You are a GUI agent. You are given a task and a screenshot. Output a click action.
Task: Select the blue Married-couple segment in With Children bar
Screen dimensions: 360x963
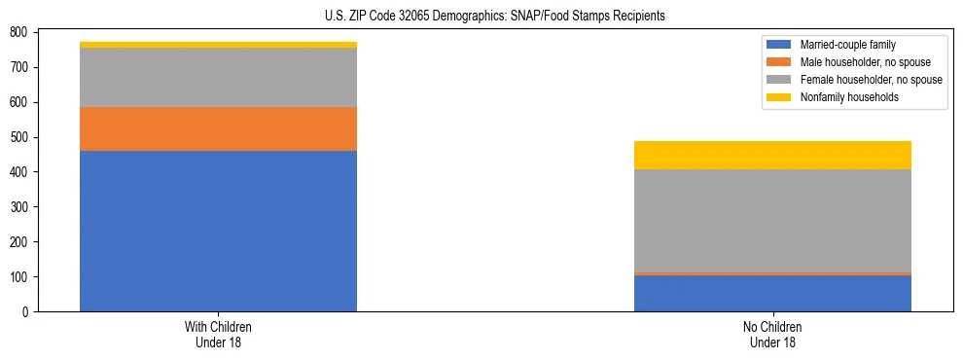point(218,231)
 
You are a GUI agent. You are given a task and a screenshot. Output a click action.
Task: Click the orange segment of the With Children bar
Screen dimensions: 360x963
point(218,128)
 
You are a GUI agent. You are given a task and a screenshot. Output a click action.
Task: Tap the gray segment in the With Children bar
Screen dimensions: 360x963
point(218,77)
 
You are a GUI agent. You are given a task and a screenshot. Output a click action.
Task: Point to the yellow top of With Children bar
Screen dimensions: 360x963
point(218,45)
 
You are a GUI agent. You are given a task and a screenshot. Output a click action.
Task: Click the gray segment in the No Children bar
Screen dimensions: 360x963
point(772,220)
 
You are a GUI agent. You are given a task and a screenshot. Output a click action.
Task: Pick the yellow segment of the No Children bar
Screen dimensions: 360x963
point(772,156)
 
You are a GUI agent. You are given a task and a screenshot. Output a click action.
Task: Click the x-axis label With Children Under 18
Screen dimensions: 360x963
point(218,334)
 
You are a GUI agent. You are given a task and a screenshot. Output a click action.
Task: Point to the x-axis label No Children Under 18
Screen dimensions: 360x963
point(772,334)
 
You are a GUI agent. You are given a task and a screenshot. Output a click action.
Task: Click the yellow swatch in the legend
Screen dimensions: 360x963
point(779,97)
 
